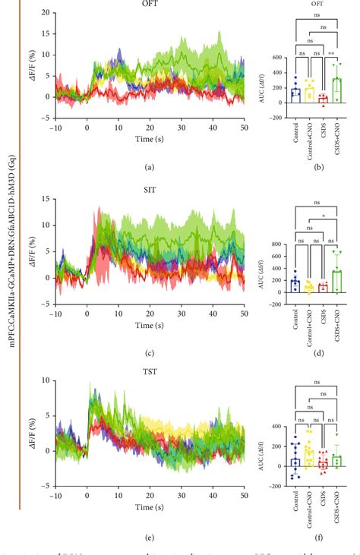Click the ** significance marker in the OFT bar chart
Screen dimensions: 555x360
click(330, 54)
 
